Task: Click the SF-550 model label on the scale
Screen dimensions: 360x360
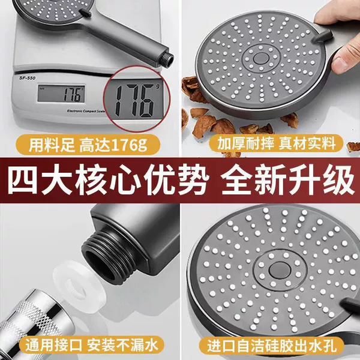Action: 28,78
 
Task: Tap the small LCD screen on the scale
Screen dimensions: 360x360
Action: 61,94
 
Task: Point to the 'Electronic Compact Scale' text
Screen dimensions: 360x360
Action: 86,111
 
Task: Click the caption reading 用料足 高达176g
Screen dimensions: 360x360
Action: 88,145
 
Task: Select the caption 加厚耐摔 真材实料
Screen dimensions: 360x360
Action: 277,143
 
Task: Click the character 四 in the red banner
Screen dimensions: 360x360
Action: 22,180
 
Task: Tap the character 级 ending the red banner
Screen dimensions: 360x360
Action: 338,180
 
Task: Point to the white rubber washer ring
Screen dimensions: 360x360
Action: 80,287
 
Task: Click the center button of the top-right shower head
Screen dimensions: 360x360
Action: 261,58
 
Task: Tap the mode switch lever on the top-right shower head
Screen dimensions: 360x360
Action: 323,36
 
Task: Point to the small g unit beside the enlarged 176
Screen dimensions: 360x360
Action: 158,86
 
